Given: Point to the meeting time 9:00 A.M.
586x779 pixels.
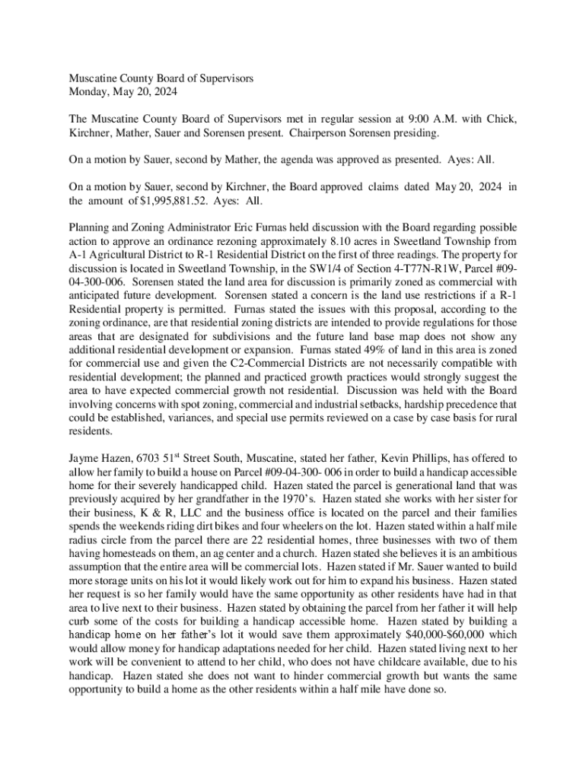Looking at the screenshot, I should [435, 119].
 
